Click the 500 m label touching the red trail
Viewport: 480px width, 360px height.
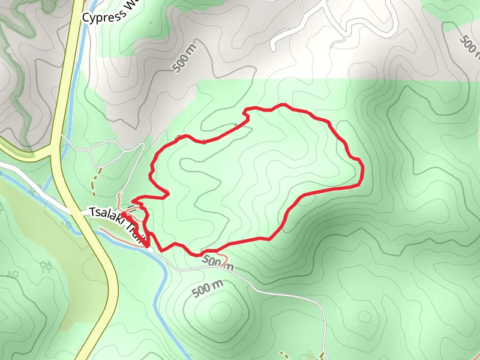pyautogui.click(x=217, y=262)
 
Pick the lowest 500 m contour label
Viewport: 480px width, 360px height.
pyautogui.click(x=208, y=289)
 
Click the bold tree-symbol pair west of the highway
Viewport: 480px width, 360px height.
pyautogui.click(x=46, y=266)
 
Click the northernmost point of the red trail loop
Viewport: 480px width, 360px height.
pyautogui.click(x=282, y=106)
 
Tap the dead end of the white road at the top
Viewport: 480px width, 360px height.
pyautogui.click(x=274, y=46)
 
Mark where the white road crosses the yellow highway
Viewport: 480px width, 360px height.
pyautogui.click(x=77, y=211)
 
